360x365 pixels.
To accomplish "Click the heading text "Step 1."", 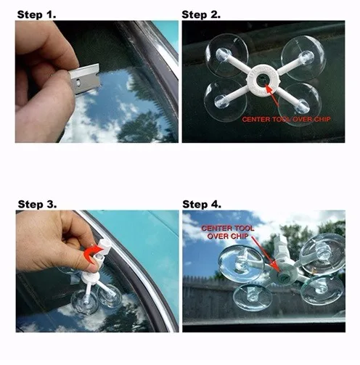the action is [x=36, y=15].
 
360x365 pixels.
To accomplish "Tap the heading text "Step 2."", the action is [x=201, y=15].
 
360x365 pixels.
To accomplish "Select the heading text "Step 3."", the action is [x=37, y=204].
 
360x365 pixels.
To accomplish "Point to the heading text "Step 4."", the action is [x=202, y=204].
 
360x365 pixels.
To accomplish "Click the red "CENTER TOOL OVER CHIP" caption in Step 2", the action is [x=286, y=119].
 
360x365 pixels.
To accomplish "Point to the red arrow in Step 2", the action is [x=272, y=95].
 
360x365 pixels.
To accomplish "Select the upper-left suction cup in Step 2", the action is [x=226, y=55].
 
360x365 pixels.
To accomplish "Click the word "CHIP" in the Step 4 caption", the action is [x=239, y=237].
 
